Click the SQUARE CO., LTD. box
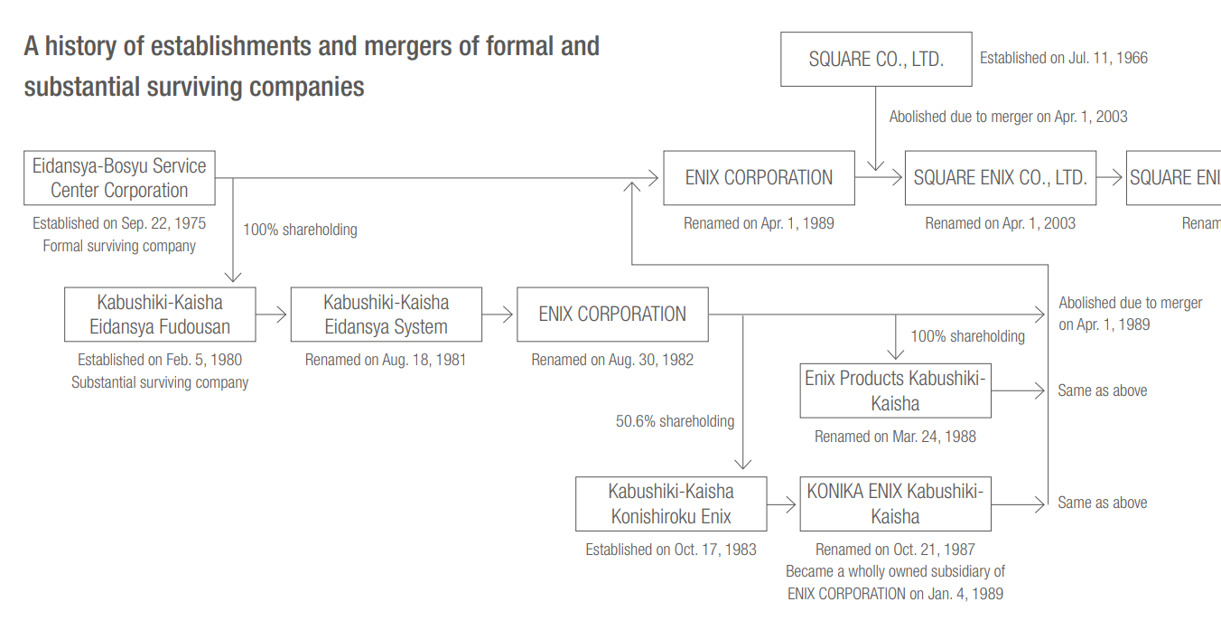click(x=876, y=60)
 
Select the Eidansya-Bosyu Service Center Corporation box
click(x=119, y=178)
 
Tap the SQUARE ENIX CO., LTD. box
click(x=1000, y=178)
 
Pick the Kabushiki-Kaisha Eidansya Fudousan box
click(x=160, y=315)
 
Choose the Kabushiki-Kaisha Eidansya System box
click(x=386, y=315)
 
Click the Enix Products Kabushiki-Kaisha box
click(x=895, y=390)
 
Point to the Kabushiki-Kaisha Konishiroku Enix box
click(x=671, y=504)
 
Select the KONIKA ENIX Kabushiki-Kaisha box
click(x=895, y=504)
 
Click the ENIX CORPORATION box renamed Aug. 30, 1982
click(x=612, y=315)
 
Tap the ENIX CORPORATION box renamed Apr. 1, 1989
click(x=759, y=178)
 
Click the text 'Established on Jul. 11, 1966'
click(x=1064, y=58)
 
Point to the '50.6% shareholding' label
click(x=675, y=421)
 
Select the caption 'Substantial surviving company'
click(x=160, y=382)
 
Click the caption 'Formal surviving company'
click(x=119, y=246)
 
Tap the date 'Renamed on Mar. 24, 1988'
click(x=895, y=437)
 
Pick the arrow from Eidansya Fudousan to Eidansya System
click(x=273, y=315)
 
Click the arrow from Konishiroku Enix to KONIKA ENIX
click(x=783, y=504)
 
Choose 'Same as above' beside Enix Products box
click(x=1103, y=391)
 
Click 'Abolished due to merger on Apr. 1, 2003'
click(x=1008, y=117)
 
